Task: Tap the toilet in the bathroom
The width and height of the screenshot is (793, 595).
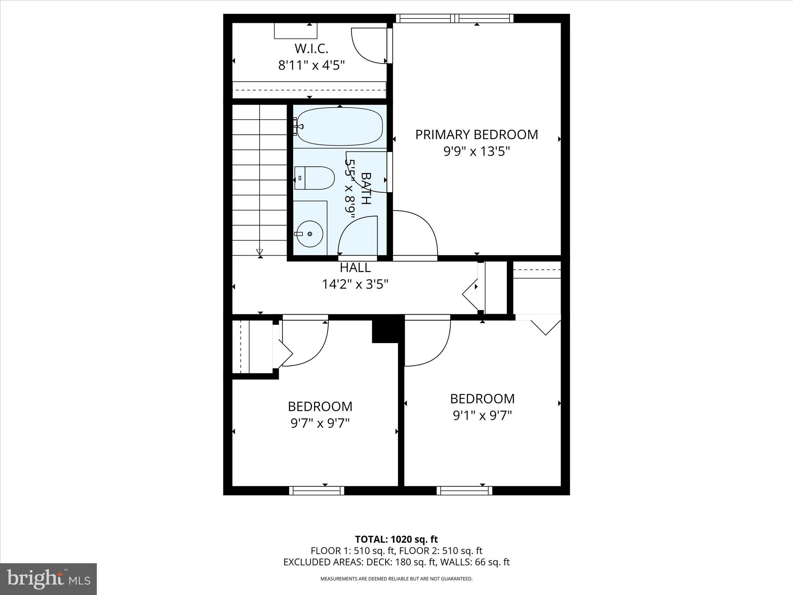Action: click(x=314, y=178)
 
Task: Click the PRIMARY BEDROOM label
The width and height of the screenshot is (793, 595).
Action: click(x=476, y=134)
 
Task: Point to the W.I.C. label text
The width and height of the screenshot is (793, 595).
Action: click(x=311, y=49)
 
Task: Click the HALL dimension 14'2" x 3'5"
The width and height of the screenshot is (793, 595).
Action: click(x=355, y=284)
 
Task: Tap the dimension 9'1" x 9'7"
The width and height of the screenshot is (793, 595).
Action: click(x=482, y=415)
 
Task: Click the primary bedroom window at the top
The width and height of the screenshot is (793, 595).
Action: click(x=455, y=18)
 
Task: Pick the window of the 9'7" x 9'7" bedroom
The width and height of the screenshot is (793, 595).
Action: click(x=316, y=490)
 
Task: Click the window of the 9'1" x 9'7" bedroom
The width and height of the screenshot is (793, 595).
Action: click(x=464, y=490)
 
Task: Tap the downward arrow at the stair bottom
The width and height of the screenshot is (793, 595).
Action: click(x=259, y=252)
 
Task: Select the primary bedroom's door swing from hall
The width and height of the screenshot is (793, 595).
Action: click(x=416, y=232)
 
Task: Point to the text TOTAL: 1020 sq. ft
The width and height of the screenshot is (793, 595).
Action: click(x=396, y=539)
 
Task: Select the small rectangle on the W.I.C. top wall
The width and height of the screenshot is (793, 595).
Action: click(x=295, y=31)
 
